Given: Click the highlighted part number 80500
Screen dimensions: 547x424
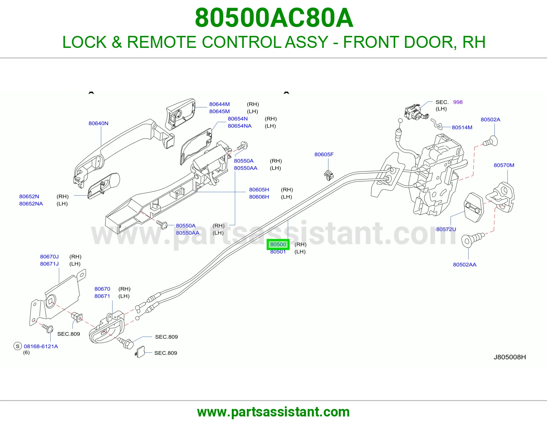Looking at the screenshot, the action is pos(278,244).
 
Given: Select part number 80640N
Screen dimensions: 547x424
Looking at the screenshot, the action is pos(98,123).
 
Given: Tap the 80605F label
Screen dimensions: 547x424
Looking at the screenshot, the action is pos(324,154).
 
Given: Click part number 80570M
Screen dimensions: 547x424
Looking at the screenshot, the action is pos(504,165).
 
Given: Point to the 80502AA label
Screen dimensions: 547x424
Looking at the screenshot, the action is pos(465,265).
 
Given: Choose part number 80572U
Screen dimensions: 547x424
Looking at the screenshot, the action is pos(446,229).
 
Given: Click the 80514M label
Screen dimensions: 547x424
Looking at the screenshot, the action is pos(462,128).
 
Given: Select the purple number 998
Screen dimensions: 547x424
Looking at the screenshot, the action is pos(458,102).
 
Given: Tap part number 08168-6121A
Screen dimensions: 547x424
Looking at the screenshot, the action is pos(41,346).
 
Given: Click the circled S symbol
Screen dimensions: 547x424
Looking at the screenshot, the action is pos(17,346).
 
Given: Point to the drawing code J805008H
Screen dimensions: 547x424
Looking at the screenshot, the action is pos(510,357).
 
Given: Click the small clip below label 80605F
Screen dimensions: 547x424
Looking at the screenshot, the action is pos(329,175).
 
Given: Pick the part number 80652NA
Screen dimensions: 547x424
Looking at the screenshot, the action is pos(31,203).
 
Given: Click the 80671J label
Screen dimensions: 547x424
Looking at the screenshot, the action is pos(49,264).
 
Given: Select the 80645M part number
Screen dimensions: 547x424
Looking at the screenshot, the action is pos(219,111).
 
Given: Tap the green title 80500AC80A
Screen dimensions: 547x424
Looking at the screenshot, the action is pos(274,18).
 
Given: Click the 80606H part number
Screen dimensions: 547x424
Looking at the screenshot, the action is pos(259,197).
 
